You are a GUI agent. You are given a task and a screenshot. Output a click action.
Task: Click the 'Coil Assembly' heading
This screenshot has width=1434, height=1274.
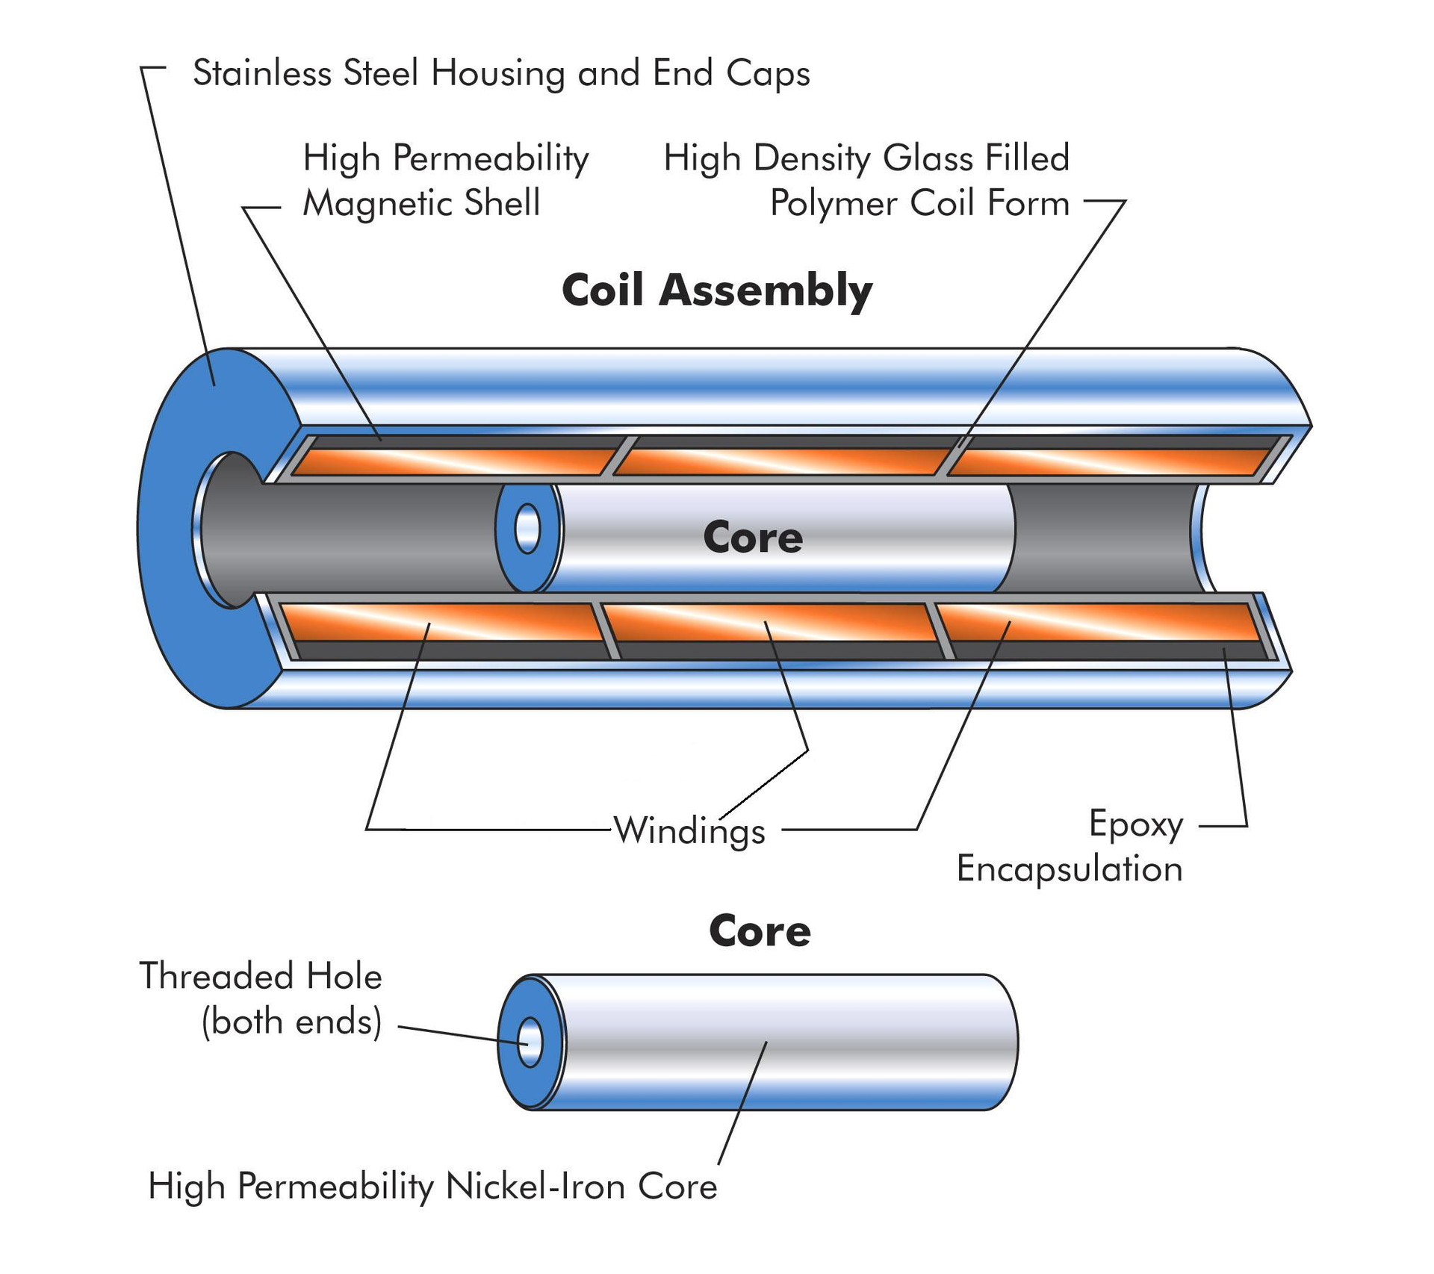pyautogui.click(x=716, y=290)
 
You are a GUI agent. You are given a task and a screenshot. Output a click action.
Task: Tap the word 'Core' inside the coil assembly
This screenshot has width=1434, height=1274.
pyautogui.click(x=752, y=537)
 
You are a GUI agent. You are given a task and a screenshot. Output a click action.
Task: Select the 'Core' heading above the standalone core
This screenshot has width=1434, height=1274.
pyautogui.click(x=759, y=930)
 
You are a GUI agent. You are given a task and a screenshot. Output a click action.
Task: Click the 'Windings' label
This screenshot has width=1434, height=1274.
pyautogui.click(x=689, y=831)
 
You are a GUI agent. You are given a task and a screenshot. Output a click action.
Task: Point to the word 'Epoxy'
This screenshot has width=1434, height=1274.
pyautogui.click(x=1135, y=825)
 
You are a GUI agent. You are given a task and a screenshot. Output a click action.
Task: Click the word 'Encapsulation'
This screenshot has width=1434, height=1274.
pyautogui.click(x=1069, y=869)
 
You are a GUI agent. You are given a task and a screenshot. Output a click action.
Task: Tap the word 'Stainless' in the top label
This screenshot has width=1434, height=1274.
pyautogui.click(x=261, y=73)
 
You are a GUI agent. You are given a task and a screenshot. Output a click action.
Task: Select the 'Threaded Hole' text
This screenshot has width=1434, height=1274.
pyautogui.click(x=261, y=976)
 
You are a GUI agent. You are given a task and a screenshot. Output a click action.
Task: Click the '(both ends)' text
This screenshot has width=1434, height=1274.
pyautogui.click(x=291, y=1021)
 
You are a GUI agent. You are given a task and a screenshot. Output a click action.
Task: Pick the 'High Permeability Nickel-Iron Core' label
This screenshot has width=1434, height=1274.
pyautogui.click(x=432, y=1186)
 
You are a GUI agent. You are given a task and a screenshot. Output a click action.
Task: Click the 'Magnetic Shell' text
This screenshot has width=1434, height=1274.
pyautogui.click(x=421, y=203)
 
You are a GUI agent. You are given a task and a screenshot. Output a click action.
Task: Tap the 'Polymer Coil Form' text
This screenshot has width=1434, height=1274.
pyautogui.click(x=919, y=203)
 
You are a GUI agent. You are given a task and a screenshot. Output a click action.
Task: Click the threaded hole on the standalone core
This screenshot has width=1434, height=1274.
pyautogui.click(x=530, y=1042)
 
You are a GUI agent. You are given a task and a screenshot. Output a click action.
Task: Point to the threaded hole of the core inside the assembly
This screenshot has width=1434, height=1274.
pyautogui.click(x=527, y=529)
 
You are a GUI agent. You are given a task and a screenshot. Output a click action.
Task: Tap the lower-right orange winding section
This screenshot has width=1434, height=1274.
pyautogui.click(x=1098, y=622)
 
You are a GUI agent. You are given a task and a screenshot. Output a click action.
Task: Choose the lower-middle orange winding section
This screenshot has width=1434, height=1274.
pyautogui.click(x=769, y=621)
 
